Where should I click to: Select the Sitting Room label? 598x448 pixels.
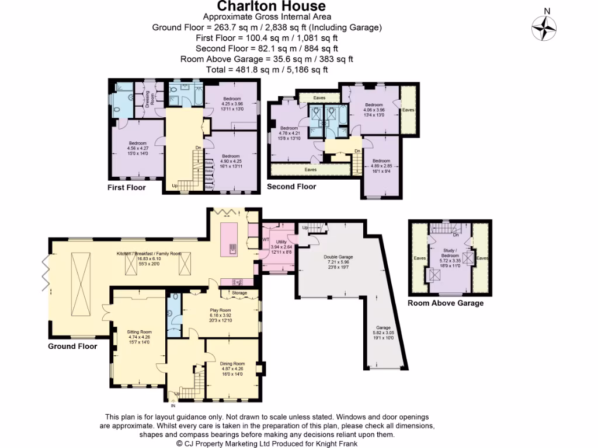coord(139,331)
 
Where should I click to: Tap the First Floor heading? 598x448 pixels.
coord(126,188)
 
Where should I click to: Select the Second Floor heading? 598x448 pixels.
coord(291,187)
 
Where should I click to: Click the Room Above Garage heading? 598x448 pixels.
coord(445,303)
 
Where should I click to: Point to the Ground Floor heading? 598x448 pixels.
coord(72,346)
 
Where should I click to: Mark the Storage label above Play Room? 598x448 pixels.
coord(239,293)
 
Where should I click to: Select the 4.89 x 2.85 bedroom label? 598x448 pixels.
coord(381,161)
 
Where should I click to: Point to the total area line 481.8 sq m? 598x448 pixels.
coord(267,69)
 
